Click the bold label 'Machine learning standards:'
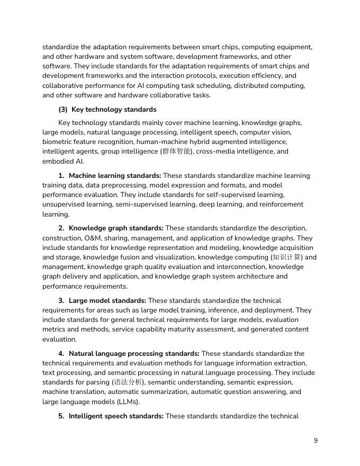click(115, 176)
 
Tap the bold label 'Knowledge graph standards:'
click(116, 228)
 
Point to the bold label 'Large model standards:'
click(107, 301)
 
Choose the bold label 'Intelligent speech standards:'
click(116, 416)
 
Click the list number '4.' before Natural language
click(61, 354)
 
